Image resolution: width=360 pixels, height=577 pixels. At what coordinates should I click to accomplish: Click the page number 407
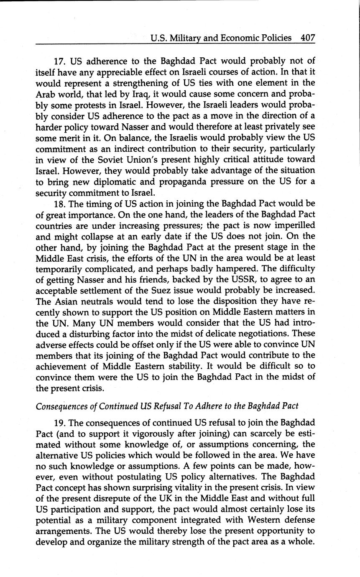pyautogui.click(x=307, y=38)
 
